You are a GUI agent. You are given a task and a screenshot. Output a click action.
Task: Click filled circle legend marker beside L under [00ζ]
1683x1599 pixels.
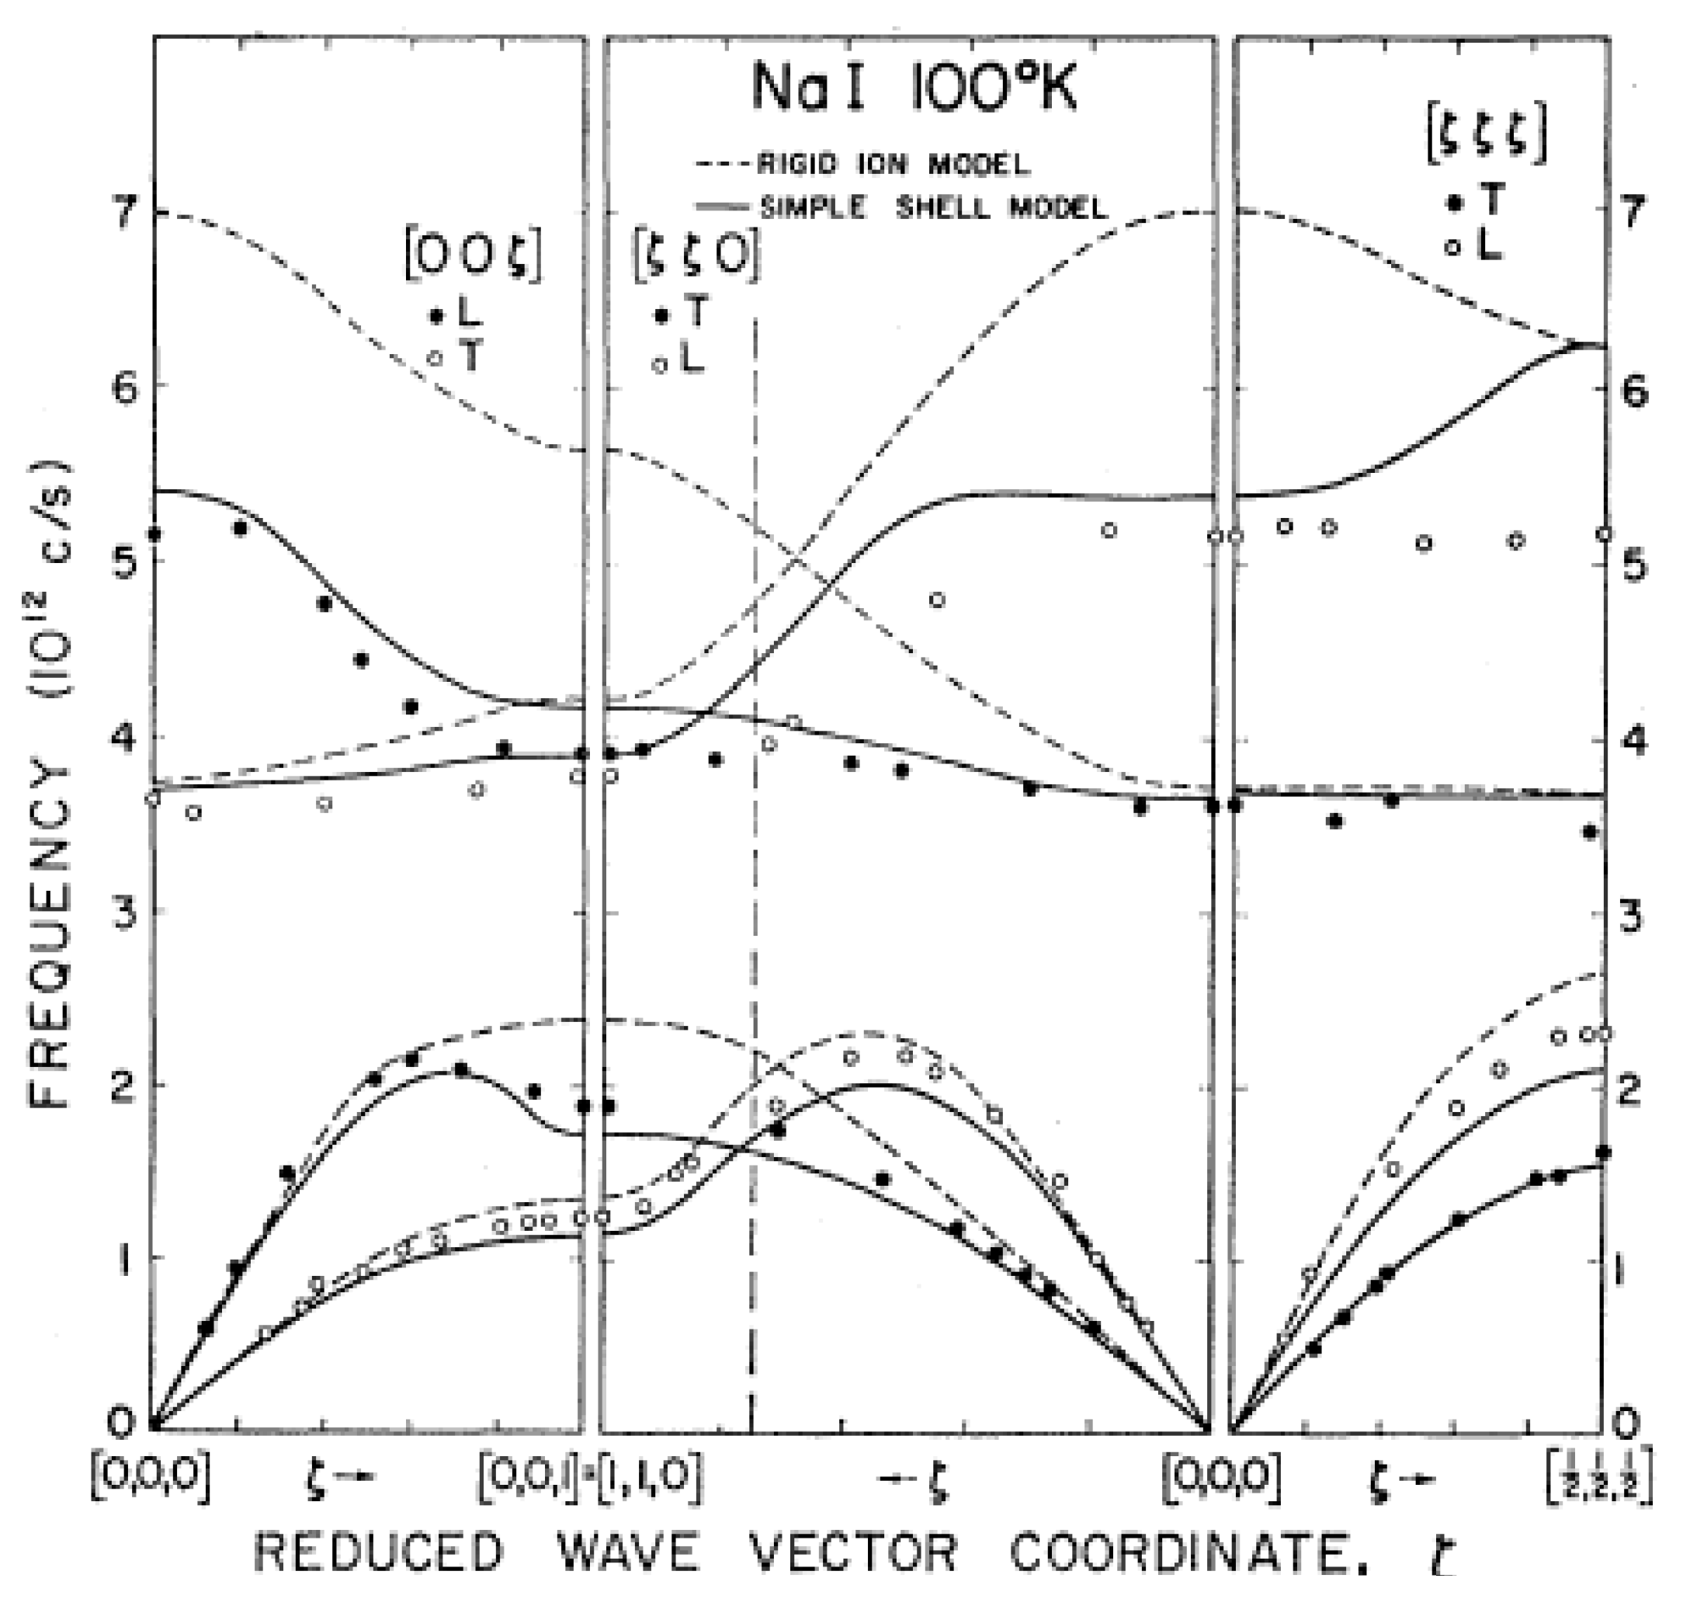click(x=436, y=316)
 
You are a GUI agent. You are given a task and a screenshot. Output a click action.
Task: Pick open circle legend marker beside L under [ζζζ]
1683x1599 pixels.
click(x=1455, y=248)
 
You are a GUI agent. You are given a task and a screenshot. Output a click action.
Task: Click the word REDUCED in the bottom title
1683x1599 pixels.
click(x=379, y=1553)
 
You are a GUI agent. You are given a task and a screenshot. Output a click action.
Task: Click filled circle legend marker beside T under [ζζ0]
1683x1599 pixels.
click(x=661, y=316)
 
